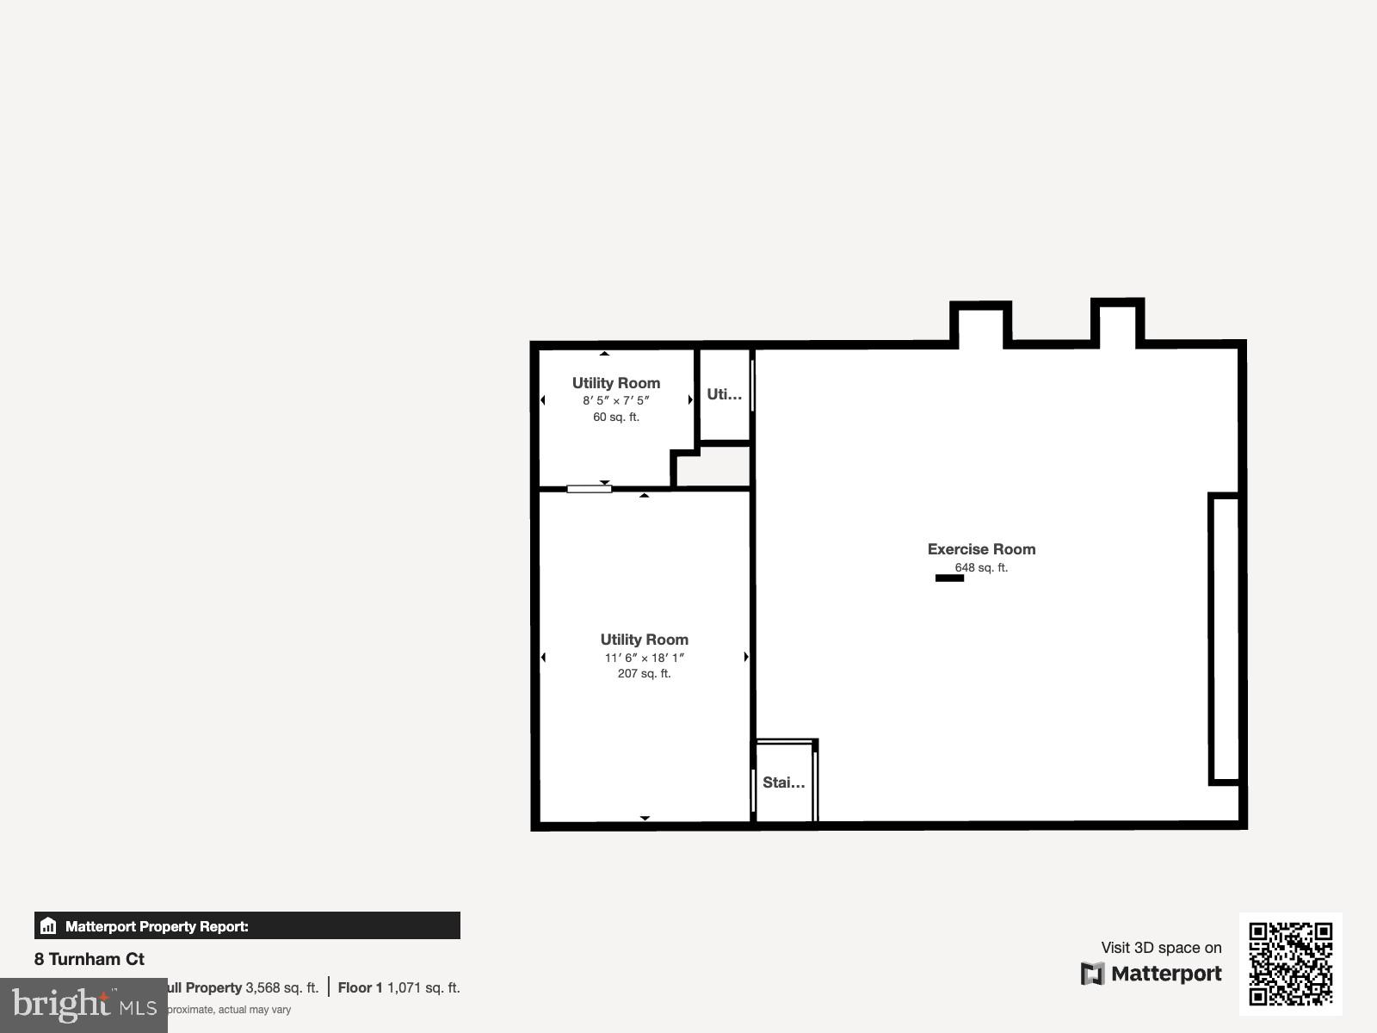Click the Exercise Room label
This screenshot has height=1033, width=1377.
coord(981,549)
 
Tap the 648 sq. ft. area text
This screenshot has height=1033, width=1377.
coord(981,567)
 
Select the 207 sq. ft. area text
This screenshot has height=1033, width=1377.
coord(644,673)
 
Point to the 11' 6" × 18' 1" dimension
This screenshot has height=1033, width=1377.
coord(644,658)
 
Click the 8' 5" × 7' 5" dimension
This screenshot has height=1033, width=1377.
coord(616,400)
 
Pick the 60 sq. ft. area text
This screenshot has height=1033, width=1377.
coord(616,417)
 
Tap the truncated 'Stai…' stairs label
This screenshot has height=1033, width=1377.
coord(783,782)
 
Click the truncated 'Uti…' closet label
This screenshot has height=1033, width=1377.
coord(724,394)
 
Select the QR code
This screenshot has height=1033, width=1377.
coord(1290,963)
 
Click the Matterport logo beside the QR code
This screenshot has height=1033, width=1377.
coord(1152,974)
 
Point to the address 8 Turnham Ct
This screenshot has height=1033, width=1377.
coord(90,959)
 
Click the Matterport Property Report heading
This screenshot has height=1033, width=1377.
coord(157,926)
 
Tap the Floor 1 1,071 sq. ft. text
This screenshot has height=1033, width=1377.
coord(398,987)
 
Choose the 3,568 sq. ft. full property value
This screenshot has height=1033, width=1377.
coord(282,987)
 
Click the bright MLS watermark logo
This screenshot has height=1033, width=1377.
coord(83,1005)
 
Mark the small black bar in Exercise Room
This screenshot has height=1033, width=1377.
coord(949,578)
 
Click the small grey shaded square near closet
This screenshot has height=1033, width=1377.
coord(713,467)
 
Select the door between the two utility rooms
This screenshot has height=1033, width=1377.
coord(590,489)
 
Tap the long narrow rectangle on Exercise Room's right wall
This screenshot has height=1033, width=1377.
coord(1224,639)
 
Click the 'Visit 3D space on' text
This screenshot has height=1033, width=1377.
coord(1161,948)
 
